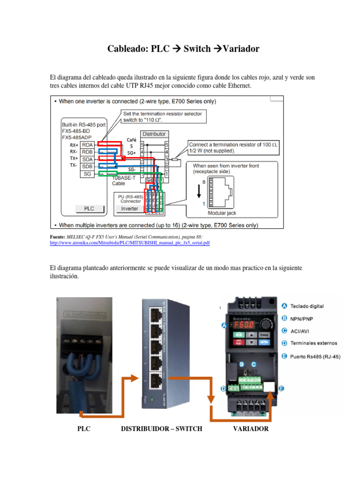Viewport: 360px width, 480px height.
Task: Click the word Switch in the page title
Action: point(197,49)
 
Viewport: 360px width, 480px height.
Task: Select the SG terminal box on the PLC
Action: point(87,174)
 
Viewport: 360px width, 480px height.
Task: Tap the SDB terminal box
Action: point(87,166)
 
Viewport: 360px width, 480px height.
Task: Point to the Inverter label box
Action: point(129,209)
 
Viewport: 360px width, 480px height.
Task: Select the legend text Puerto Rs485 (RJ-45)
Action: point(315,357)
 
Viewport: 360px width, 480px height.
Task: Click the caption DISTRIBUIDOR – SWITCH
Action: point(161,429)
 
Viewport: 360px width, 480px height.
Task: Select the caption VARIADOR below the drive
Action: point(251,429)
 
